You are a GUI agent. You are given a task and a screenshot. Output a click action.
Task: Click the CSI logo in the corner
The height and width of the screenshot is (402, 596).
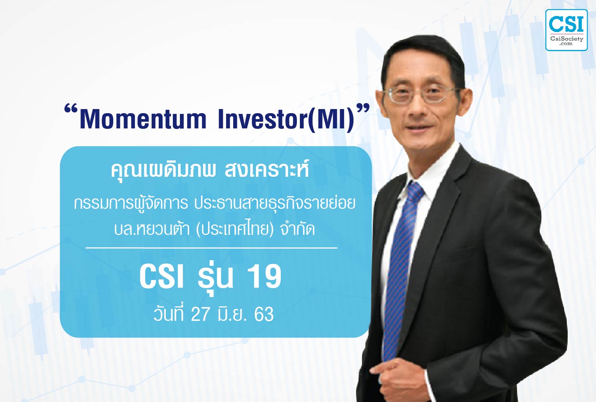[x=567, y=30]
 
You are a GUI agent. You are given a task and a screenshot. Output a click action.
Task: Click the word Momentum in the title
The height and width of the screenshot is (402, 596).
[x=143, y=119]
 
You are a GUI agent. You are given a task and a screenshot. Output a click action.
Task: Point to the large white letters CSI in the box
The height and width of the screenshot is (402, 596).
[x=162, y=277]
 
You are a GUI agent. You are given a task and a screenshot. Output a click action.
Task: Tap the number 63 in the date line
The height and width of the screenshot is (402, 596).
[x=264, y=315]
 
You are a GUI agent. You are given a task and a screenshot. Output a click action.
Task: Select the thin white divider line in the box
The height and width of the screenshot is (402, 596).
[x=211, y=248]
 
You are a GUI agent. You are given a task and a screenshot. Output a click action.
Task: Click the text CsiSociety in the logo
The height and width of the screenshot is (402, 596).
[x=567, y=39]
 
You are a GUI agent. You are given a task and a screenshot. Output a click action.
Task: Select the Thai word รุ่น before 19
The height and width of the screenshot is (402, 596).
[x=216, y=277]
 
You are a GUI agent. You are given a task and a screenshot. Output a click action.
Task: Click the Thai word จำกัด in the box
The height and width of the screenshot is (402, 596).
[x=298, y=229]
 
